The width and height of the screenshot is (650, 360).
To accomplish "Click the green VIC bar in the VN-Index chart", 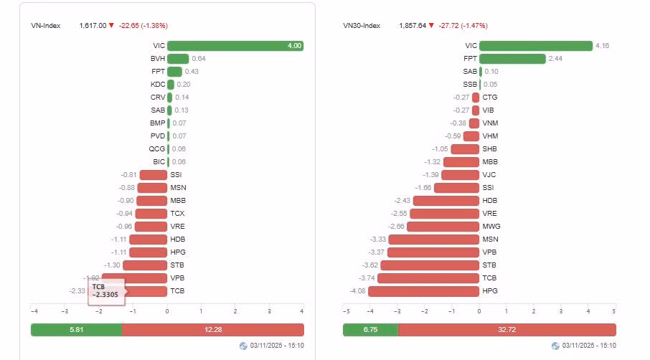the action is pyautogui.click(x=235, y=46).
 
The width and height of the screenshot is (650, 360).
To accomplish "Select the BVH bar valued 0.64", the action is pyautogui.click(x=178, y=58).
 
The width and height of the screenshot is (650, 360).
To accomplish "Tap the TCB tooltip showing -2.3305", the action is pyautogui.click(x=106, y=291).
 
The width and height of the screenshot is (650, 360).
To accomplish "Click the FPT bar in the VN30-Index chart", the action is pyautogui.click(x=512, y=58).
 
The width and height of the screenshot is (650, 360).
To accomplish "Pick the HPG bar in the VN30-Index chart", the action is pyautogui.click(x=424, y=291).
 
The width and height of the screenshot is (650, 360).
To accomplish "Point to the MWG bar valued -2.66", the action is pyautogui.click(x=443, y=226).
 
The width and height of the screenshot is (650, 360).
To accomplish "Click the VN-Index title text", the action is pyautogui.click(x=46, y=26).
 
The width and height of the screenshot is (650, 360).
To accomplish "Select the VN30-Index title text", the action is pyautogui.click(x=362, y=26).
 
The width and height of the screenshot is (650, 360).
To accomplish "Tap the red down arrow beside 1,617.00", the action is pyautogui.click(x=111, y=25).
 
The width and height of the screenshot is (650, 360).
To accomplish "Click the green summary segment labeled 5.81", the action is pyautogui.click(x=77, y=330).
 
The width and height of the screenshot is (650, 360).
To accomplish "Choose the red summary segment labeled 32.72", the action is pyautogui.click(x=507, y=330).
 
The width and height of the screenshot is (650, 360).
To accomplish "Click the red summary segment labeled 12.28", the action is pyautogui.click(x=213, y=330).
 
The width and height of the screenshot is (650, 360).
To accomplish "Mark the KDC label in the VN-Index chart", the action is pyautogui.click(x=158, y=84).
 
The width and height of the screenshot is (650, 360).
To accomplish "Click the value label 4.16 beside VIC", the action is pyautogui.click(x=603, y=46).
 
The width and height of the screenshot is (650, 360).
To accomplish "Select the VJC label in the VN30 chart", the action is pyautogui.click(x=489, y=175).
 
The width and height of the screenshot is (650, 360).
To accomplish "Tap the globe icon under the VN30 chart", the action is pyautogui.click(x=555, y=346).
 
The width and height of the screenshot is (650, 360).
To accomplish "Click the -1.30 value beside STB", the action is pyautogui.click(x=113, y=265).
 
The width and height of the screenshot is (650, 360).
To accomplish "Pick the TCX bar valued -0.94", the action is pyautogui.click(x=151, y=214).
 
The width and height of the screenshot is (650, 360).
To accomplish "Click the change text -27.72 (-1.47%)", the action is pyautogui.click(x=463, y=26).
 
